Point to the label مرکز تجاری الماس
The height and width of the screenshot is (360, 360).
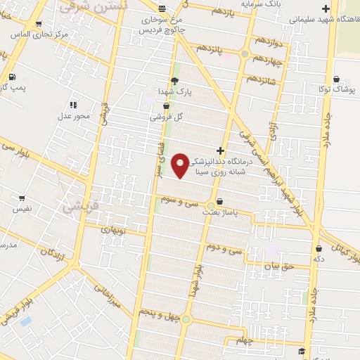click(40, 34)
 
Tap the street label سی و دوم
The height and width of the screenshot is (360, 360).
click(224, 248)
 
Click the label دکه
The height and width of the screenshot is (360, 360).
click(319, 258)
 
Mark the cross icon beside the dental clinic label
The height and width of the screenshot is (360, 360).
click(221, 150)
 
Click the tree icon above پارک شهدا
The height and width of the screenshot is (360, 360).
click(174, 80)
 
